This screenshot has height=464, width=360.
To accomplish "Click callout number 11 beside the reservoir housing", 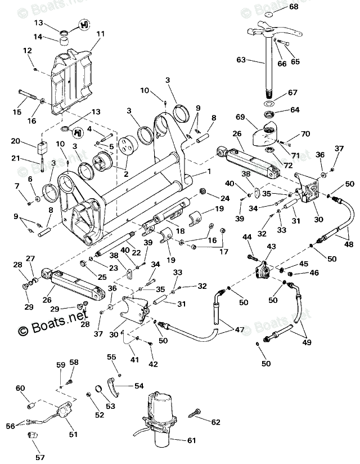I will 100,34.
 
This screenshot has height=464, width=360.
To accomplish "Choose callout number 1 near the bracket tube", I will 209,171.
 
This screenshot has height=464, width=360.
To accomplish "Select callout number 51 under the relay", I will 73,434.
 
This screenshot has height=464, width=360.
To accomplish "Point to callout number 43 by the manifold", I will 271,247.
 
